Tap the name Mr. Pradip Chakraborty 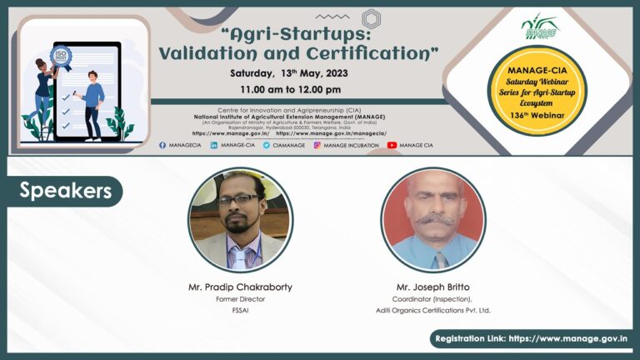[x=239, y=287]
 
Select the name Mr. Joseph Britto [x=432, y=287]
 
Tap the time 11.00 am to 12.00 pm [x=290, y=90]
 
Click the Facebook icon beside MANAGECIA [x=162, y=145]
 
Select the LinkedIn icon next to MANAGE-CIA [x=214, y=145]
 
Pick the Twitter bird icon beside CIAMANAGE [x=266, y=145]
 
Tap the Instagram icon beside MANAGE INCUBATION [x=317, y=145]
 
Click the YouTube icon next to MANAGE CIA [x=392, y=145]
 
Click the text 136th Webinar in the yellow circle [x=542, y=114]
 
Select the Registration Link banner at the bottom [x=531, y=339]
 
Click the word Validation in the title [x=208, y=53]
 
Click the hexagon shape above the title [x=371, y=17]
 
